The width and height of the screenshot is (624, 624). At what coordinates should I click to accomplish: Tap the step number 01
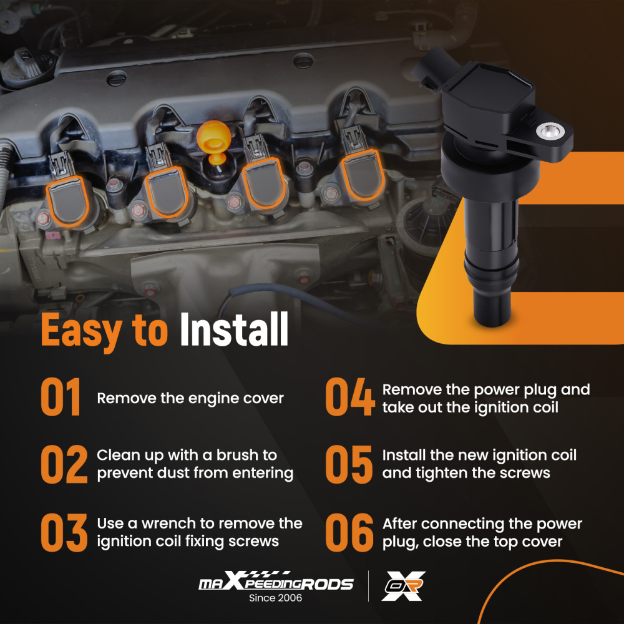(61, 397)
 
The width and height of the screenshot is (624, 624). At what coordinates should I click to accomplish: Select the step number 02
(64, 464)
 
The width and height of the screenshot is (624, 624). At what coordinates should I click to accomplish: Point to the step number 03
(64, 532)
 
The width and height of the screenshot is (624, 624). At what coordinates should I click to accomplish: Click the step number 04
(350, 397)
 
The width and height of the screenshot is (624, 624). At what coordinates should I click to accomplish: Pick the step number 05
(349, 464)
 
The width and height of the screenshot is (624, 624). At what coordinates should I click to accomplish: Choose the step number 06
(349, 532)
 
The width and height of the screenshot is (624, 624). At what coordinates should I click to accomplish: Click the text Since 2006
(275, 598)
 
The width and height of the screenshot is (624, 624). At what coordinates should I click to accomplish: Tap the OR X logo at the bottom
(404, 586)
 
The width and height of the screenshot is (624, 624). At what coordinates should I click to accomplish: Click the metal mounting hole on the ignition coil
(550, 130)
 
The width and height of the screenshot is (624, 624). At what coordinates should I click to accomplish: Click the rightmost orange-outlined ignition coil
(362, 175)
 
